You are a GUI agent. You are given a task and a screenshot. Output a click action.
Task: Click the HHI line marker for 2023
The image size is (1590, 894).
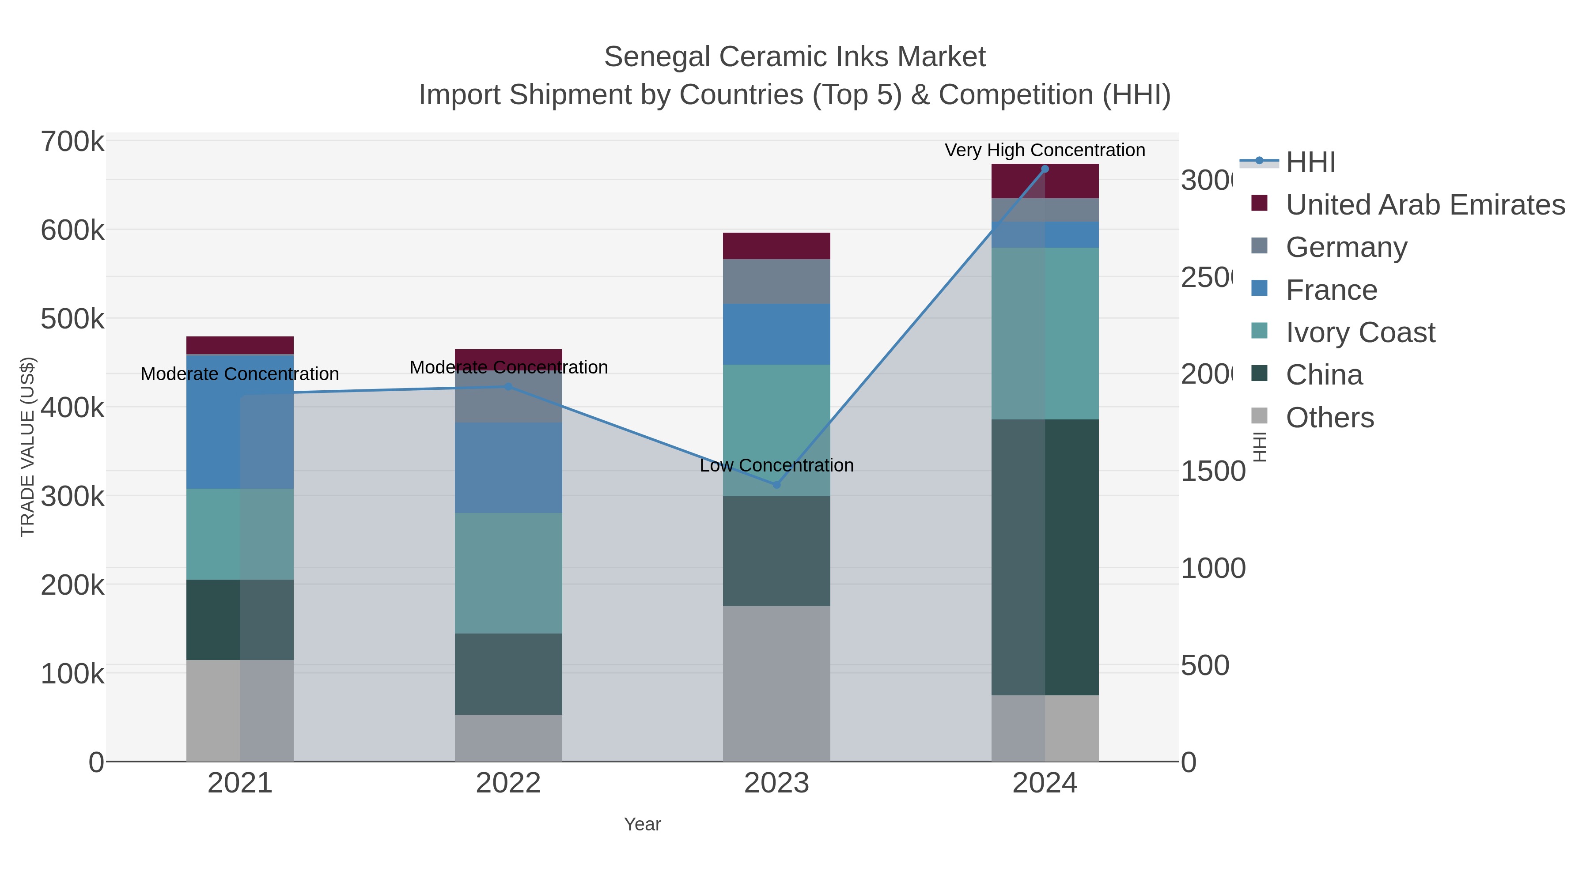click(x=776, y=485)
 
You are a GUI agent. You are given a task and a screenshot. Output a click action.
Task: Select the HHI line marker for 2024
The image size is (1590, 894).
click(x=1045, y=169)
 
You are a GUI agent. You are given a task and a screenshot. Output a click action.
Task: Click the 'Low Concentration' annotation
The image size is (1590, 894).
click(x=776, y=465)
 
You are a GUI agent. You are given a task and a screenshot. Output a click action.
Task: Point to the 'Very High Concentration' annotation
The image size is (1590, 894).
click(x=1045, y=150)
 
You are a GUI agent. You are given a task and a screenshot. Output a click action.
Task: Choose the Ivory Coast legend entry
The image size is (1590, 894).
click(x=1360, y=332)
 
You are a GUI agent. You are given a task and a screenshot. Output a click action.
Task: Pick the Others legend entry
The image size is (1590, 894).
click(x=1329, y=418)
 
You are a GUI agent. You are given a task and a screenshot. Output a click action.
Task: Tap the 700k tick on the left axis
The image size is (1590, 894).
click(x=72, y=142)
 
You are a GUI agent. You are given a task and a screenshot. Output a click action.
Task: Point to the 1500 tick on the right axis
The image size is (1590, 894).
click(x=1213, y=472)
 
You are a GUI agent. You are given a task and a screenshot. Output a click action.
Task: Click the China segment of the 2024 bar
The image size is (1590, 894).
click(x=1045, y=557)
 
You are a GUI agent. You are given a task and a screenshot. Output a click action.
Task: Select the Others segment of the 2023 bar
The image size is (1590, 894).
click(x=776, y=683)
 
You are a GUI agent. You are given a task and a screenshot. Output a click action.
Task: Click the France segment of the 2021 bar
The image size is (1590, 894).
click(x=239, y=422)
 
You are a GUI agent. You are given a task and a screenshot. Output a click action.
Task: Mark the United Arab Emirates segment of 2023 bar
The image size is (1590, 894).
click(x=776, y=245)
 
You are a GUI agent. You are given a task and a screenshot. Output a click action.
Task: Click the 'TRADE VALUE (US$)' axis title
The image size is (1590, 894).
click(x=28, y=447)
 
